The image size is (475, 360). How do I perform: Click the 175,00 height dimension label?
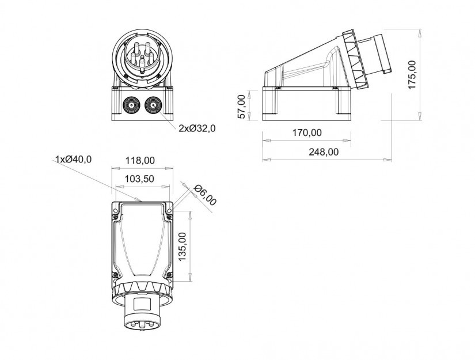pyautogui.click(x=412, y=74)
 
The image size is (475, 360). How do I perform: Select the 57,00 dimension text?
pyautogui.click(x=241, y=107)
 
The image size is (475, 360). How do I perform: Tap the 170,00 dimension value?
pyautogui.click(x=307, y=132)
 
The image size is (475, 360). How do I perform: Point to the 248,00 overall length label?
pyautogui.click(x=324, y=152)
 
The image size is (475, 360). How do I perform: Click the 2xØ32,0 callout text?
pyautogui.click(x=197, y=128)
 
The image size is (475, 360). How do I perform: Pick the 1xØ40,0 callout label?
pyautogui.click(x=73, y=159)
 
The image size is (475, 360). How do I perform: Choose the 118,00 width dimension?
pyautogui.click(x=140, y=160)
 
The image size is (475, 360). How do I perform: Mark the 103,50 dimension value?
pyautogui.click(x=139, y=179)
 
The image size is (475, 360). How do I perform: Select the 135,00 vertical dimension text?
pyautogui.click(x=182, y=247)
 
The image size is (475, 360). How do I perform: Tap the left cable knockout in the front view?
pyautogui.click(x=132, y=105)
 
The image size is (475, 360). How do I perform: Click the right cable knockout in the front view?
pyautogui.click(x=154, y=105)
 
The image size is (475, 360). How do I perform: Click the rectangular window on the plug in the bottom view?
pyautogui.click(x=142, y=303)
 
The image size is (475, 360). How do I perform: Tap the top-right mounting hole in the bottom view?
pyautogui.click(x=170, y=210)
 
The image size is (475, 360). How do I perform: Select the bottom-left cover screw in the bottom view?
pyautogui.click(x=115, y=275)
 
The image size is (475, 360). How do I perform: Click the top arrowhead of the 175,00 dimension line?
pyautogui.click(x=420, y=33)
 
